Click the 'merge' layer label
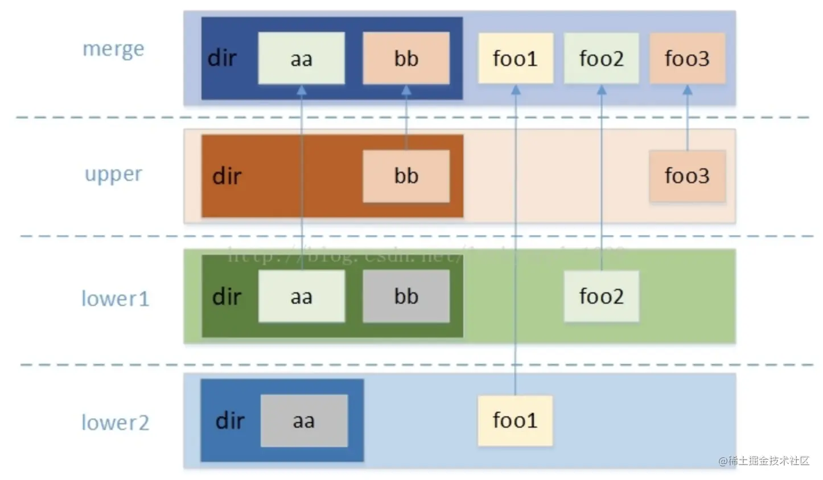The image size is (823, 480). coord(113,49)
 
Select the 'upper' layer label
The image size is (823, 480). coord(113,174)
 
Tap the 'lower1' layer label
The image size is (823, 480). coord(115,299)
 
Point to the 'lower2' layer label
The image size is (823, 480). coord(115,423)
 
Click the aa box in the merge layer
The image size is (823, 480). coord(301,58)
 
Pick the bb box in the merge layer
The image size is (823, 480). coord(406,58)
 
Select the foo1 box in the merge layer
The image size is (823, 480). coord(515,58)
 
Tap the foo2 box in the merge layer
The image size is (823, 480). coord(601,58)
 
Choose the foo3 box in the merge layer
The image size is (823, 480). coord(687,58)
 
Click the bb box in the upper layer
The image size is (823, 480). coord(406,176)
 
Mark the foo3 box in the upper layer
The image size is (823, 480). coord(687,176)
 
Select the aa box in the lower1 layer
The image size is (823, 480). coord(301,296)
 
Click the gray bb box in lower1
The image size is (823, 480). coord(406,296)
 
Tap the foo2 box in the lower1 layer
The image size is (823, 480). coord(601,296)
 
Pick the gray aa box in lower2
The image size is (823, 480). coord(304,421)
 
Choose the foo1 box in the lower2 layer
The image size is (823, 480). coord(515,420)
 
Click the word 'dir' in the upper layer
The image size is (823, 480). coord(227,176)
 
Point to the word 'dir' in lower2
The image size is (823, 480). coord(229,421)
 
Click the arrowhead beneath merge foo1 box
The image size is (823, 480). coord(516,90)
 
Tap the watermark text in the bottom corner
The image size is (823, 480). coord(764,461)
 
